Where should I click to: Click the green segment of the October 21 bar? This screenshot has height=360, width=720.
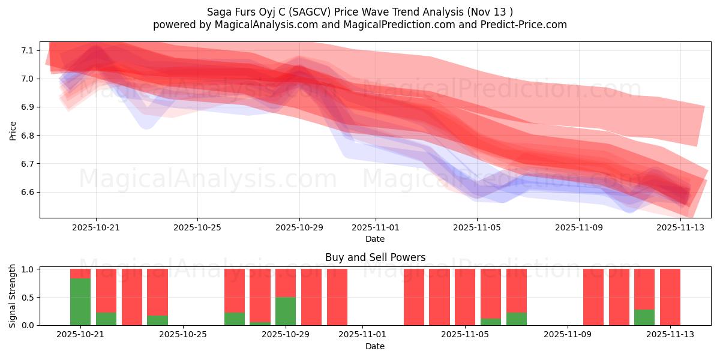(80, 302)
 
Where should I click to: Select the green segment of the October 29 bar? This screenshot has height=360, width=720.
(286, 311)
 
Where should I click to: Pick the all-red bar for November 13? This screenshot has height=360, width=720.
(670, 297)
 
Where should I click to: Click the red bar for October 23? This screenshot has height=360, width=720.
(132, 297)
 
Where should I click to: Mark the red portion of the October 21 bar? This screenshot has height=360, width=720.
(80, 274)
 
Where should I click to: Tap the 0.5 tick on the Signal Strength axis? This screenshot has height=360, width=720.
(29, 298)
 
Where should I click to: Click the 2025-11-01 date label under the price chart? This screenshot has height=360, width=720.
(376, 227)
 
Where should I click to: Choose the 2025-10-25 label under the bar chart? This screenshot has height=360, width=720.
(183, 335)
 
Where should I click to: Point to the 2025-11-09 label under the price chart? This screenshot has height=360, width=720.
(579, 227)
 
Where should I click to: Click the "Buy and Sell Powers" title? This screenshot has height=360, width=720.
(375, 257)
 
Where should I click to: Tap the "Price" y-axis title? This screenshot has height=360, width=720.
(13, 130)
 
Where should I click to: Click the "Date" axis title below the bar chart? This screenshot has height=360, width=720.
(375, 346)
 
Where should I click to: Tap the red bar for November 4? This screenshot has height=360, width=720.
(439, 297)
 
